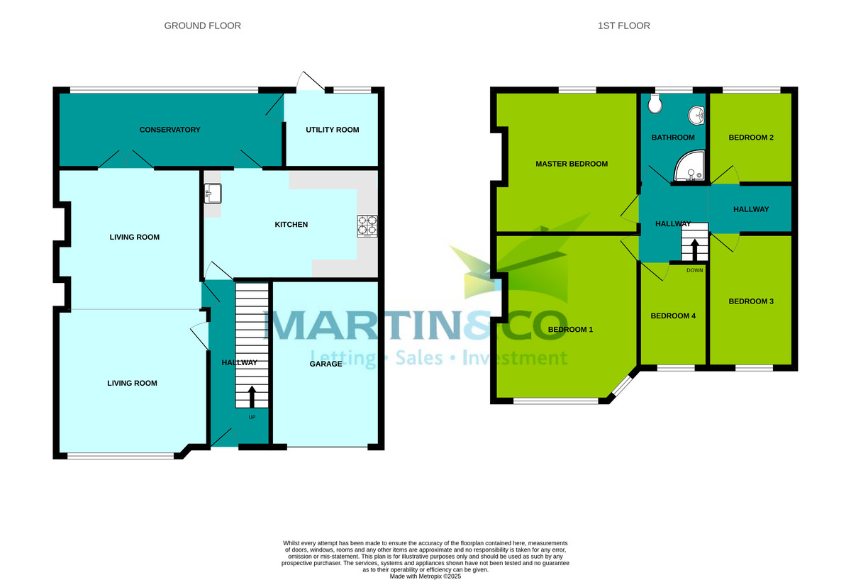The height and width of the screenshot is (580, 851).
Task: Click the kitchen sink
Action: [213, 194]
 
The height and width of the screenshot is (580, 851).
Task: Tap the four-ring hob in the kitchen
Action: [367, 226]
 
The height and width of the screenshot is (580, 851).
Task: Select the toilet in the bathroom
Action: [655, 104]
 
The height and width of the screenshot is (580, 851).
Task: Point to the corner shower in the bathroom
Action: [689, 166]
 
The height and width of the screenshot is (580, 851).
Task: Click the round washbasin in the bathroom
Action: [696, 115]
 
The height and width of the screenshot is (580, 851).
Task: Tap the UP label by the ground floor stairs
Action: [252, 417]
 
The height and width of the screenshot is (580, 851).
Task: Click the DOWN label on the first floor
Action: [695, 270]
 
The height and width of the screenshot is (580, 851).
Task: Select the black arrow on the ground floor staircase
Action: [252, 397]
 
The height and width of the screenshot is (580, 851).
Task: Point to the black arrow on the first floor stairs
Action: [694, 250]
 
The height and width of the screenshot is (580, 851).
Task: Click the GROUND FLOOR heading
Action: [203, 26]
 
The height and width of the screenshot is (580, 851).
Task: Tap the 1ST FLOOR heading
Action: [624, 26]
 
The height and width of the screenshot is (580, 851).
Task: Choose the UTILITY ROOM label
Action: [333, 130]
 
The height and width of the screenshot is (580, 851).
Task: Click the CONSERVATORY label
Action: [169, 130]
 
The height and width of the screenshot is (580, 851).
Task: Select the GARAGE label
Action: [326, 364]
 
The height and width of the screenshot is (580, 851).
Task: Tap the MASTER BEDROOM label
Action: [572, 164]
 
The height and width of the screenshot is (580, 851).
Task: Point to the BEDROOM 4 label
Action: [673, 316]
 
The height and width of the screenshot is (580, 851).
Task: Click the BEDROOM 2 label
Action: [751, 138]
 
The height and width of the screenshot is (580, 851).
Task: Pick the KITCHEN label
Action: [291, 225]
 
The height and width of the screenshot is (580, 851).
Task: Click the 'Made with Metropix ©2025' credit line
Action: [425, 576]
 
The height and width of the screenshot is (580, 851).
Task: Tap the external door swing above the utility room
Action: [311, 81]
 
